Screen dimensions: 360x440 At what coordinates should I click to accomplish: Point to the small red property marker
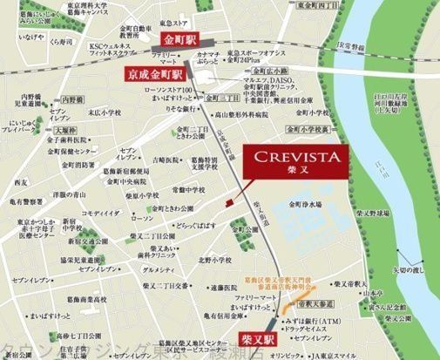pos(228,202)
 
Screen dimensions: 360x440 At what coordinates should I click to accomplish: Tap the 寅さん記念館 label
pos(389,307)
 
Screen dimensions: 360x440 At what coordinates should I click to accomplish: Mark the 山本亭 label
pos(376,295)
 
